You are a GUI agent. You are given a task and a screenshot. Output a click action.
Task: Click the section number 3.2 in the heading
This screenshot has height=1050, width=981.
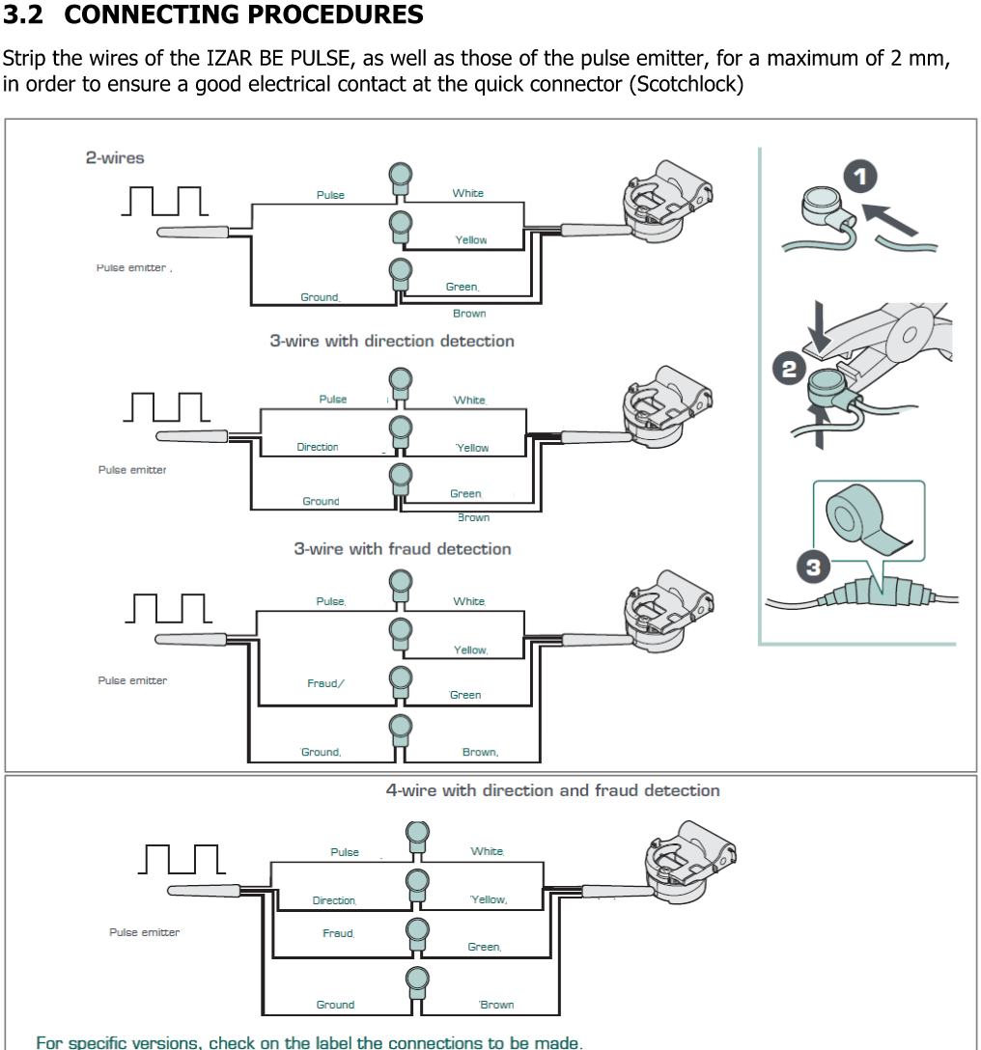click(24, 15)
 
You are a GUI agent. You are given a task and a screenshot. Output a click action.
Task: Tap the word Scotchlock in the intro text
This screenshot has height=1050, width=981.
click(685, 84)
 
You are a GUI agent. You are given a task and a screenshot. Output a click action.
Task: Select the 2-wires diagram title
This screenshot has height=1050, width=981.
click(115, 157)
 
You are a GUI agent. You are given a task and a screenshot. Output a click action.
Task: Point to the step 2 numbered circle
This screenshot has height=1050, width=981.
click(789, 370)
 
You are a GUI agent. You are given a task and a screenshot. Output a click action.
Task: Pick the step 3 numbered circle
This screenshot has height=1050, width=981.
click(813, 567)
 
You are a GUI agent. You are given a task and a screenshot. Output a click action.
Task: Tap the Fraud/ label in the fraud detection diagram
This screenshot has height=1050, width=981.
click(325, 683)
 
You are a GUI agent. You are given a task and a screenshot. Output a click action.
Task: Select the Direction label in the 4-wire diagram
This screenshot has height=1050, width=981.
click(334, 900)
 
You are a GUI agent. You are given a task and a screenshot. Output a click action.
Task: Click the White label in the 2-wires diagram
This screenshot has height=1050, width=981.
click(468, 193)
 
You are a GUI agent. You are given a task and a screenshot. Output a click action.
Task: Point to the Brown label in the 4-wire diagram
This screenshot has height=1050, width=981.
click(497, 1005)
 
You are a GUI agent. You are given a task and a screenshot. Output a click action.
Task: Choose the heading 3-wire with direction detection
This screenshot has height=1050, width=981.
click(391, 341)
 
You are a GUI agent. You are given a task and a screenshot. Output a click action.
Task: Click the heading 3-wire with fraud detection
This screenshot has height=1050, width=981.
click(402, 549)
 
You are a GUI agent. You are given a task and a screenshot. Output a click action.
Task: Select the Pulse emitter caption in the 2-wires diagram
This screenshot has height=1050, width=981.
click(132, 267)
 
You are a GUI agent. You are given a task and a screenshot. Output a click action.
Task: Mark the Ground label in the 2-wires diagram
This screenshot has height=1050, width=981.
click(320, 297)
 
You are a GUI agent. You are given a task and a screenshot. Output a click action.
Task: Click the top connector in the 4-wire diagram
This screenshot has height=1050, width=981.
click(417, 836)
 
